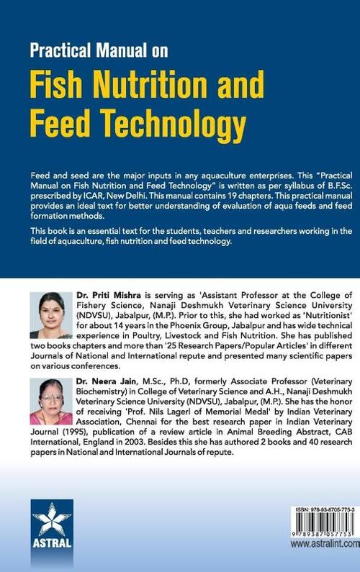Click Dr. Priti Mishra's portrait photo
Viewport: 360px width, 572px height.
point(50,315)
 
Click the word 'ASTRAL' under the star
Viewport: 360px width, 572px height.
point(52,543)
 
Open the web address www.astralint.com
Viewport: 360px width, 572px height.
point(325,545)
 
